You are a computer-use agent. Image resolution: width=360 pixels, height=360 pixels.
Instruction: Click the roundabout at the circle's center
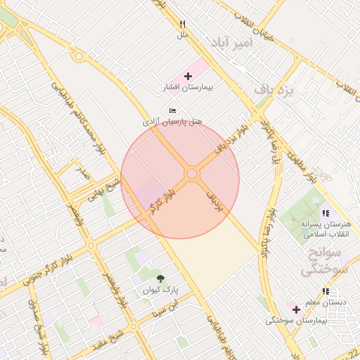coord(191,174)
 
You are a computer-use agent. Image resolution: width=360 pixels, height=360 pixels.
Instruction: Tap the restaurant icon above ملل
coord(183,23)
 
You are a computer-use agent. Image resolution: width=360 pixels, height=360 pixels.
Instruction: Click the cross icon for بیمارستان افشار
coord(188,76)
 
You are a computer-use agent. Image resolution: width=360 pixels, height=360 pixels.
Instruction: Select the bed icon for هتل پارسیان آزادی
coord(173,110)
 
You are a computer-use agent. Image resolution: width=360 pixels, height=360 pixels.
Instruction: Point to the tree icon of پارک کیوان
coord(160,278)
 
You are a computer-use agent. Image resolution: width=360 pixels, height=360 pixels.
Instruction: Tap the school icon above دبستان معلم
coord(325,291)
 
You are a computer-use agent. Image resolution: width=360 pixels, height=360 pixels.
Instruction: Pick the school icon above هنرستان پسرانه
coord(325,212)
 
